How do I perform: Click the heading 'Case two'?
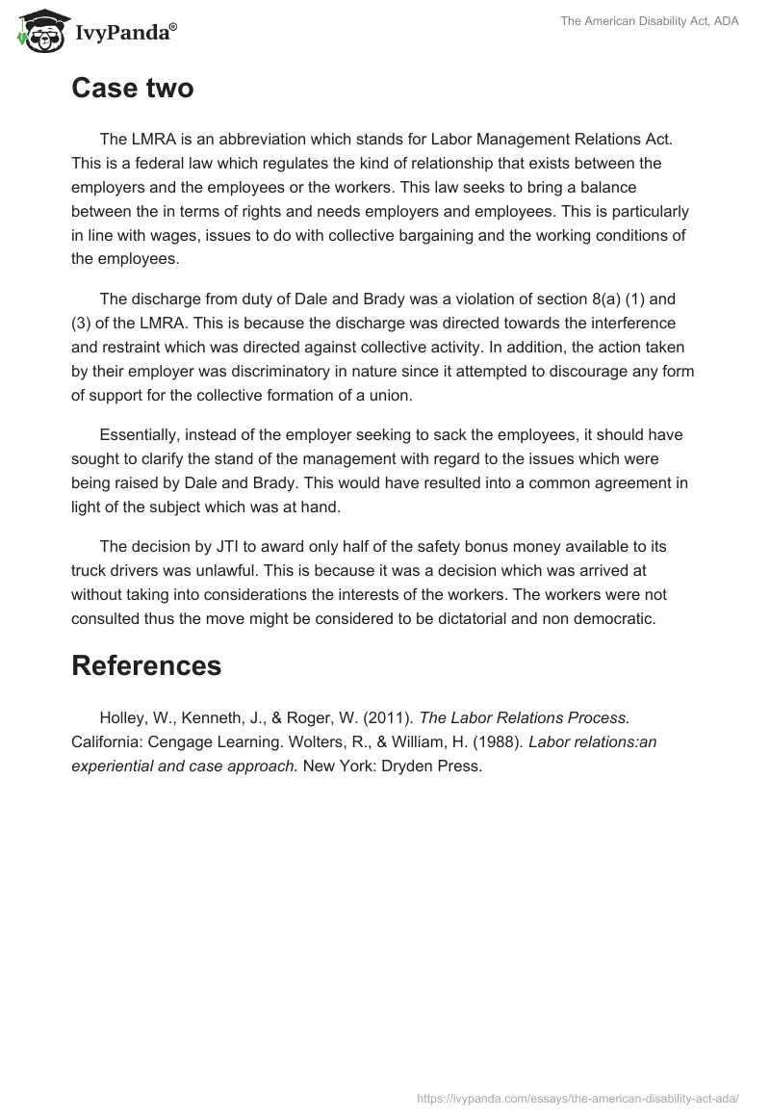(x=132, y=89)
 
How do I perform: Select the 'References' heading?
(x=146, y=665)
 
